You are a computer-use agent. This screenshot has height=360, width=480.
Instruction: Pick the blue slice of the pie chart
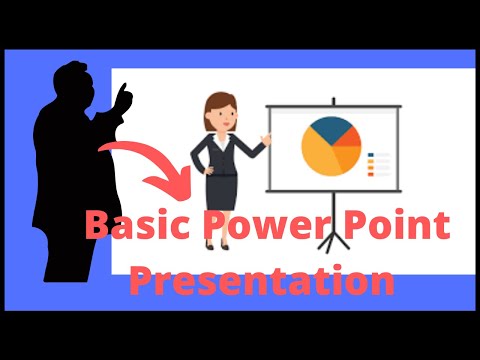(x=329, y=129)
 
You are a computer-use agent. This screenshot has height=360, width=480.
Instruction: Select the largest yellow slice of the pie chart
(x=320, y=155)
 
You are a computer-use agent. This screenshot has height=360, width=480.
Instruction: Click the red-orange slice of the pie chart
(x=349, y=150)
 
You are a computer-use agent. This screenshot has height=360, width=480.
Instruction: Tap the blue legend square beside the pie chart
(x=372, y=156)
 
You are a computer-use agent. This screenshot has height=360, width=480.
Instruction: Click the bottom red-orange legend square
(x=372, y=174)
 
